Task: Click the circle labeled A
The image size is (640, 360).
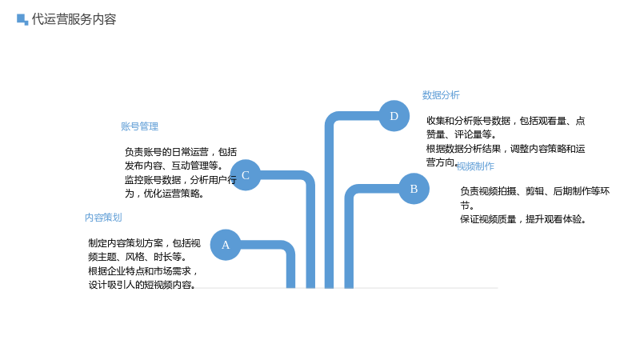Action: pyautogui.click(x=226, y=245)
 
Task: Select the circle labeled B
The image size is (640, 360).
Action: pyautogui.click(x=414, y=189)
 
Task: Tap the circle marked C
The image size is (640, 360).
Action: pyautogui.click(x=246, y=175)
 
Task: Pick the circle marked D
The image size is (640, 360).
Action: pyautogui.click(x=394, y=116)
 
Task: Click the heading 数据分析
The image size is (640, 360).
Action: pyautogui.click(x=441, y=95)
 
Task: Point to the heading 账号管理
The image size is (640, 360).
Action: pyautogui.click(x=139, y=126)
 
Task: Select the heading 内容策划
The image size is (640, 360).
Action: pyautogui.click(x=103, y=218)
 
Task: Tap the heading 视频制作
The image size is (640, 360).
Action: pyautogui.click(x=475, y=166)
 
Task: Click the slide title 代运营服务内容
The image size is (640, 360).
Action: pyautogui.click(x=74, y=19)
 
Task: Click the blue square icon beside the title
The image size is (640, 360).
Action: pyautogui.click(x=22, y=19)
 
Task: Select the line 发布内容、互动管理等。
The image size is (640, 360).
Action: pyautogui.click(x=174, y=166)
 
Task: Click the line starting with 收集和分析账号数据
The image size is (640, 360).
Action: pyautogui.click(x=506, y=121)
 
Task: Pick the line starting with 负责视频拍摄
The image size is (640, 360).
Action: pyautogui.click(x=535, y=191)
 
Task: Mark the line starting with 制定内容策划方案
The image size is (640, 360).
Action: pyautogui.click(x=145, y=243)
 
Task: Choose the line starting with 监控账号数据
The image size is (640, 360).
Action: pyautogui.click(x=181, y=179)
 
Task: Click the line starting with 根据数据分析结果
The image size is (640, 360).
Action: pyautogui.click(x=506, y=149)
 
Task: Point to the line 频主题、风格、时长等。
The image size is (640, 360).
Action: pyautogui.click(x=138, y=257)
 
